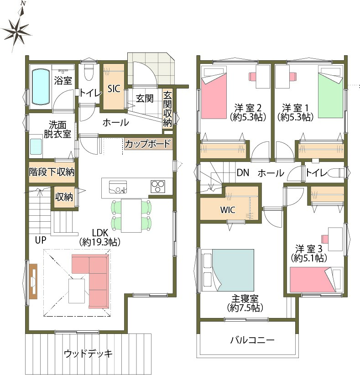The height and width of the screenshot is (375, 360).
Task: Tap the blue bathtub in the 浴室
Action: [x=41, y=87]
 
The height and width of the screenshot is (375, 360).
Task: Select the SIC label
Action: [x=114, y=89]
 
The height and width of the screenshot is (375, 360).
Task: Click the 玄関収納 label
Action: [x=167, y=109]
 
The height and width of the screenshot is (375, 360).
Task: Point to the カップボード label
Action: [x=148, y=144]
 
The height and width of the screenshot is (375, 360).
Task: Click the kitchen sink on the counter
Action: [x=118, y=187]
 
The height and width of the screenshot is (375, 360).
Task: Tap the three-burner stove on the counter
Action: [x=158, y=186]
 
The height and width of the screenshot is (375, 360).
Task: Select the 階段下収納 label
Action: [x=52, y=172]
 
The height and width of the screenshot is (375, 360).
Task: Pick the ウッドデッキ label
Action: [x=89, y=354]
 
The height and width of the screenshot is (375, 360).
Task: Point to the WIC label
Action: [x=228, y=210]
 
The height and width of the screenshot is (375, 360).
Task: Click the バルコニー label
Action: [x=252, y=340]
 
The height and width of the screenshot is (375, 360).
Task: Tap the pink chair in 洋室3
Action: [x=325, y=239]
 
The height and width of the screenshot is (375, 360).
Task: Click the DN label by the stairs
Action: [x=243, y=172]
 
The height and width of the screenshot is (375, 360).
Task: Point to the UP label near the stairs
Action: [x=41, y=240]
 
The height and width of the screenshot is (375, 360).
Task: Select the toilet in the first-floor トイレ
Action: [x=89, y=71]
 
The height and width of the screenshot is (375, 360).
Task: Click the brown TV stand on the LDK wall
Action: [x=33, y=281]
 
